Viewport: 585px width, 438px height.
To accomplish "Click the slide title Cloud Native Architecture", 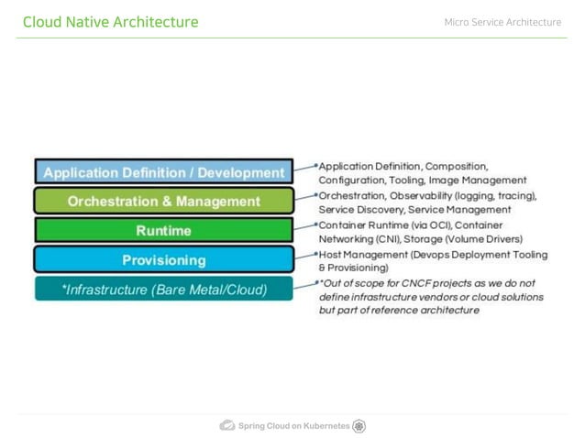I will pos(110,22).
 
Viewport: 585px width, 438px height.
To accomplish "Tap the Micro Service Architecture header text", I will pos(502,22).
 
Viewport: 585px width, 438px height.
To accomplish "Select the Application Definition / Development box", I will pos(164,172).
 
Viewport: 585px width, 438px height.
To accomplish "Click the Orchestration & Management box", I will pos(164,202).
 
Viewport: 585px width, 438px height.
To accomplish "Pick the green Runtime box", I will pos(164,230).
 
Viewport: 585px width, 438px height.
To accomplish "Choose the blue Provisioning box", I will pos(164,260).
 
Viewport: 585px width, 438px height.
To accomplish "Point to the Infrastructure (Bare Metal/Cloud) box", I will pos(164,290).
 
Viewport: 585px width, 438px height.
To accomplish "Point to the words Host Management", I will pos(358,254).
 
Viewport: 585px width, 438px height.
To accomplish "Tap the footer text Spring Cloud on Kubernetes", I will pos(293,426).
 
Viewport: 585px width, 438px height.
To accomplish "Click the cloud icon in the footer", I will pos(227,426).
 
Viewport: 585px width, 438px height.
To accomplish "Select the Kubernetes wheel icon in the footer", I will pos(359,426).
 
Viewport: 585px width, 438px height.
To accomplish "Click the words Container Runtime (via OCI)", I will pos(386,224).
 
